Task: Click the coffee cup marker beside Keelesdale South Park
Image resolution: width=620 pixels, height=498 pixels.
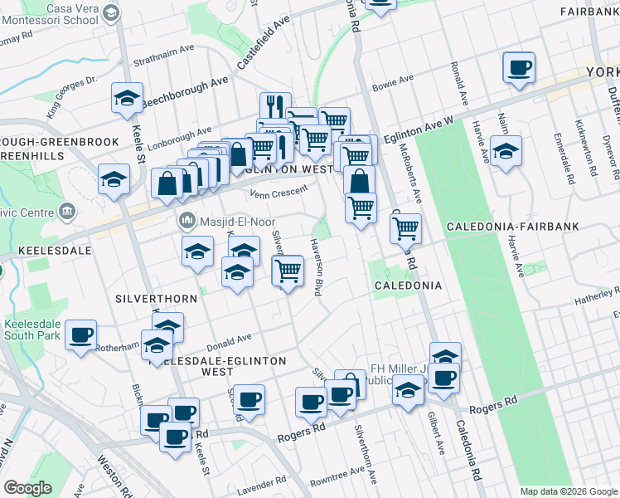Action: coord(81,335)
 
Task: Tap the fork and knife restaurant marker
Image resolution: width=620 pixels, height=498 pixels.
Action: coord(274,105)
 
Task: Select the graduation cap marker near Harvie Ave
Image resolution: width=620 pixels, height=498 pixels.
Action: coord(506,152)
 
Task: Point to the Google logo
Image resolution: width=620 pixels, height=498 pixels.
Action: coord(27,488)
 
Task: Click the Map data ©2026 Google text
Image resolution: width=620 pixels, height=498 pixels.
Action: coord(569,491)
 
